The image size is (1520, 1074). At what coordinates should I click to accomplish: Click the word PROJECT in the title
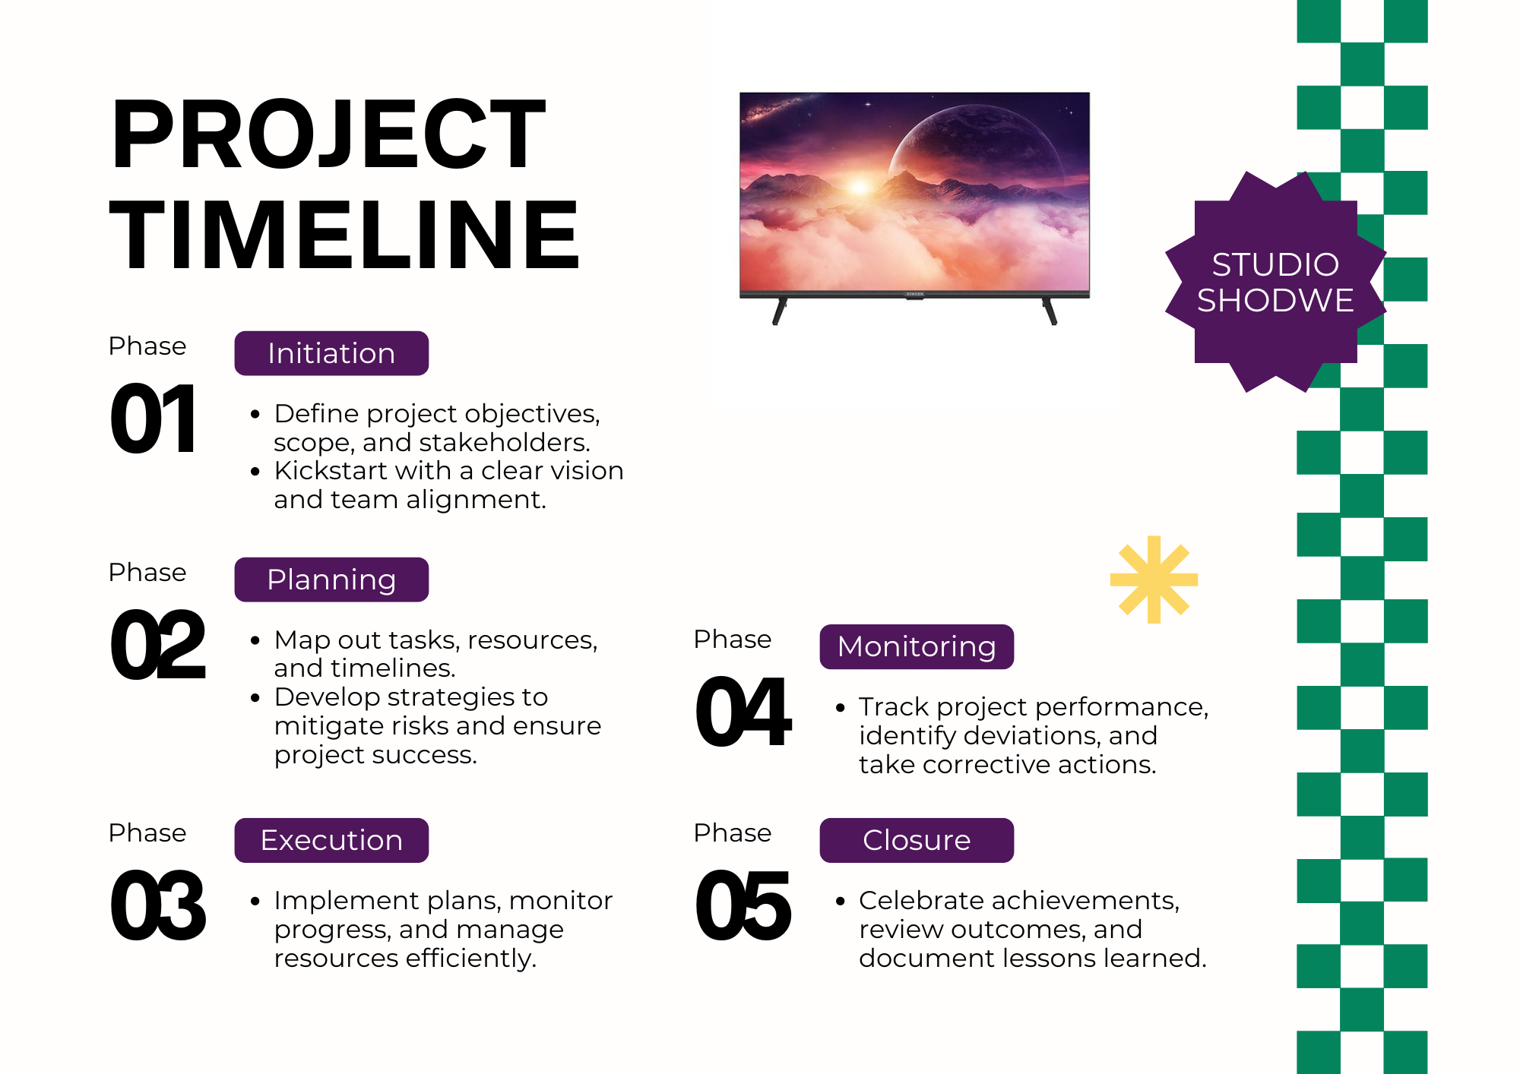pyautogui.click(x=328, y=134)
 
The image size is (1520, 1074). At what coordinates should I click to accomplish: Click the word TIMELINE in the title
pyautogui.click(x=344, y=234)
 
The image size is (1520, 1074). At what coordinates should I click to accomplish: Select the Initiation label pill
pyautogui.click(x=331, y=353)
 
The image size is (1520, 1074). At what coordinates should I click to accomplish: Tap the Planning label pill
pyautogui.click(x=331, y=580)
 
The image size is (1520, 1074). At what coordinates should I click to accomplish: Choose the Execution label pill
pyautogui.click(x=331, y=840)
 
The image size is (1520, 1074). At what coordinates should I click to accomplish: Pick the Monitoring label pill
pyautogui.click(x=917, y=646)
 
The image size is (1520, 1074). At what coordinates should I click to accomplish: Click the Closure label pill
pyautogui.click(x=917, y=840)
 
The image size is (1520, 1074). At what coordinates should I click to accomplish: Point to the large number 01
pyautogui.click(x=154, y=419)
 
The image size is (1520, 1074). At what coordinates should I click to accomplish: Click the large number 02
pyautogui.click(x=158, y=645)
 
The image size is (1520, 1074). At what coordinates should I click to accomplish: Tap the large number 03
pyautogui.click(x=158, y=905)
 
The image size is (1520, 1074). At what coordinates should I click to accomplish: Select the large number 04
pyautogui.click(x=743, y=712)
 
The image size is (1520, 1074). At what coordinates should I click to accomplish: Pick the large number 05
pyautogui.click(x=743, y=905)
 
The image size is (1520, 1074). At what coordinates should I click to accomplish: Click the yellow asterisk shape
pyautogui.click(x=1154, y=580)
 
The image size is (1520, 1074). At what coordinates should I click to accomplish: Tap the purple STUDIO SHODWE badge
pyautogui.click(x=1275, y=282)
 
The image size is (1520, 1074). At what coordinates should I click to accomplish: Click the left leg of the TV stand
pyautogui.click(x=779, y=311)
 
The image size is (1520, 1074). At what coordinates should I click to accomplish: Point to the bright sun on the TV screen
pyautogui.click(x=860, y=186)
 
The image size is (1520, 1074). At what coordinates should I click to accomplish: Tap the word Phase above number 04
pyautogui.click(x=733, y=639)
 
